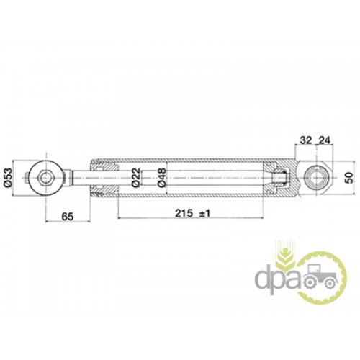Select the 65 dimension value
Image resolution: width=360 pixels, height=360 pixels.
[x=67, y=217]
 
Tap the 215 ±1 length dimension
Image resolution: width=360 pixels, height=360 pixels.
[x=192, y=213]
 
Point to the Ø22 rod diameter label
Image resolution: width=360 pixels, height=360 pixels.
[x=136, y=178]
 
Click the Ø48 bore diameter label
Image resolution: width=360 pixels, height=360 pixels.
[x=162, y=178]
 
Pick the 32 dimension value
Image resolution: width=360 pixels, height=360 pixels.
[x=306, y=140]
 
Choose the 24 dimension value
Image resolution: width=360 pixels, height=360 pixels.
[x=324, y=140]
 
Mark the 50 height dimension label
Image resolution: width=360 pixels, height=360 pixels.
[x=350, y=178]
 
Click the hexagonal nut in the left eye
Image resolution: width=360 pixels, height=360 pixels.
[x=45, y=178]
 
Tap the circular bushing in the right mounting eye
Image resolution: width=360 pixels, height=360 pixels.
[x=316, y=178]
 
